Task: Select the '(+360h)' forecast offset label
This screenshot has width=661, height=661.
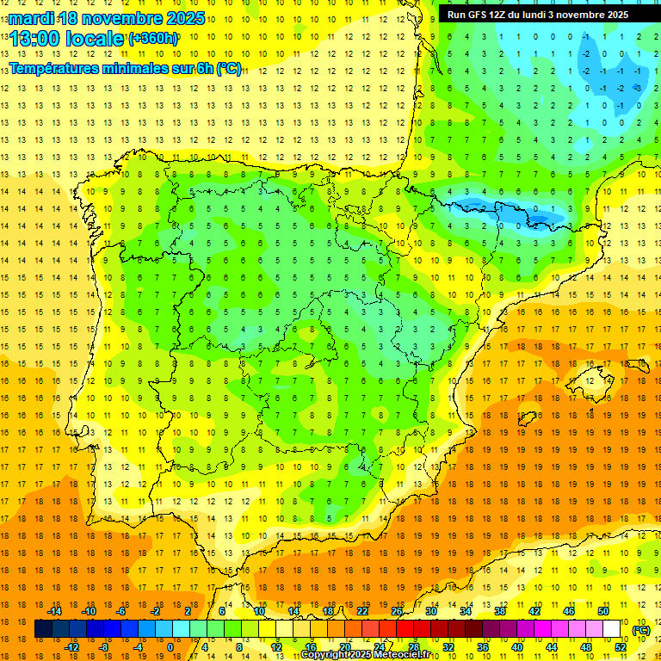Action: point(153,39)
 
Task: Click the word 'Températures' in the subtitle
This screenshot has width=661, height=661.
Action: point(55,68)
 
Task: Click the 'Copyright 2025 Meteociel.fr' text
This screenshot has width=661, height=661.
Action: point(365,655)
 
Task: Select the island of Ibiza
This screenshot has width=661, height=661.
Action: point(527,419)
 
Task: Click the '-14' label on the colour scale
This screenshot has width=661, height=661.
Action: point(55,611)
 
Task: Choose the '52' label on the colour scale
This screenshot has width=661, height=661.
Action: point(621,647)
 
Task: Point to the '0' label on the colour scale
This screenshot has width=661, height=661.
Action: point(170,647)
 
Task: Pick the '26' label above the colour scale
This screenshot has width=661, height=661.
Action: point(397,611)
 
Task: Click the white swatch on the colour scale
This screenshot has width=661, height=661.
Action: point(611,629)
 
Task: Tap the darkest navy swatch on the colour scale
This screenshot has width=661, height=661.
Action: point(43,629)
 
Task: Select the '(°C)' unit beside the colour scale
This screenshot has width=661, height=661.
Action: point(641,630)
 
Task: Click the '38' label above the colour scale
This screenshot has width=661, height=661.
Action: point(500,611)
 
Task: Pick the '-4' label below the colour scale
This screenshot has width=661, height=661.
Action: point(138,647)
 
